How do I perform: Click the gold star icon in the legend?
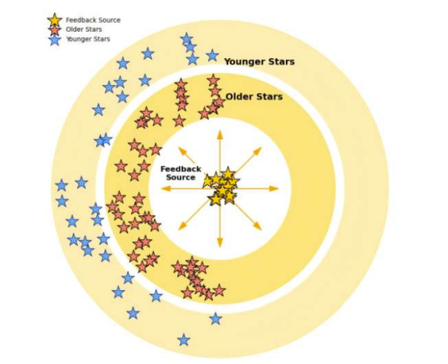point(54,20)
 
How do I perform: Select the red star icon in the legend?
point(54,30)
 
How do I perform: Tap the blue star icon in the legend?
point(54,40)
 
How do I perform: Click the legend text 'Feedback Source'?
point(93,20)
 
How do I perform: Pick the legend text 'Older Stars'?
point(83,29)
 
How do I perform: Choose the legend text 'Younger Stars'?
point(88,39)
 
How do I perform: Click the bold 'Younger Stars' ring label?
point(259,61)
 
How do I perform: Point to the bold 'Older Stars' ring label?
point(254,97)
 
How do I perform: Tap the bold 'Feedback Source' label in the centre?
point(181,173)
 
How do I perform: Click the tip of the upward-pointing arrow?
point(220,130)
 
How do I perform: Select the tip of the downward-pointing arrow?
point(220,247)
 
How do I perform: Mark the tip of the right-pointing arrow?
point(279,188)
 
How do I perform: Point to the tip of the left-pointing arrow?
point(161,188)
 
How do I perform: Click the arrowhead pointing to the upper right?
point(258,151)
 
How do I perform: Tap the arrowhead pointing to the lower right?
point(258,226)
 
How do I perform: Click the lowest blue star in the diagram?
point(184,340)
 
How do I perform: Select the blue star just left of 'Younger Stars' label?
point(212,55)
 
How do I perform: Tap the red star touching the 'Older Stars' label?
point(219,102)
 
